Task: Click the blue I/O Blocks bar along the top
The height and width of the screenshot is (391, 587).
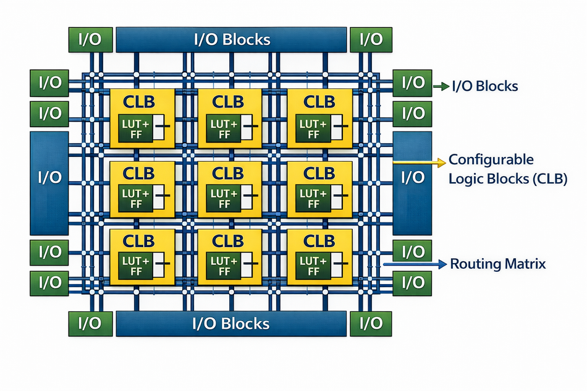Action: (230, 39)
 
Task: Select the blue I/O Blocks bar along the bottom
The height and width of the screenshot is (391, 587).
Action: (230, 323)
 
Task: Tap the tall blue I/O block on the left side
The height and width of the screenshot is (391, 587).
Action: (49, 178)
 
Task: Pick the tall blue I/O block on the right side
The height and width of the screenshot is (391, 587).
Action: (412, 178)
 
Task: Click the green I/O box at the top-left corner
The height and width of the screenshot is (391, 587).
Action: (90, 40)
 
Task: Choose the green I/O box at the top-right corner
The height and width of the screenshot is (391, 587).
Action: (371, 40)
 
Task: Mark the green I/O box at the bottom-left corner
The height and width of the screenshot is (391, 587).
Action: (90, 323)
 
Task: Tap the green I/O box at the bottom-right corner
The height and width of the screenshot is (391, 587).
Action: (371, 323)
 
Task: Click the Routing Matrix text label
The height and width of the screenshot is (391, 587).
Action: (498, 264)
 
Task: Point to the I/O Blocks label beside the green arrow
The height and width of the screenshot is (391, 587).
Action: (485, 86)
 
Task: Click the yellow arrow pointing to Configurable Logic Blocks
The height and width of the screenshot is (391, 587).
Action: (420, 162)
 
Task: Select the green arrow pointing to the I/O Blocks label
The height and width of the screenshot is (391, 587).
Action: (441, 86)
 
